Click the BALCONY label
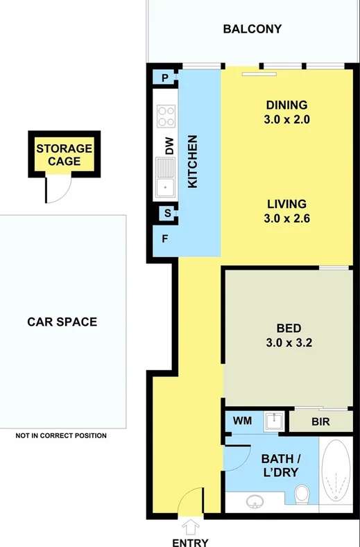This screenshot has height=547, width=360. coord(252,29)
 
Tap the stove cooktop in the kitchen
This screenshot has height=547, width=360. coord(166,115)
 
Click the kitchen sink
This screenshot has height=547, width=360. coord(166,176)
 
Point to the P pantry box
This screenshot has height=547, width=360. coord(165,78)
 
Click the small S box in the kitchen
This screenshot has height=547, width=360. coord(167,214)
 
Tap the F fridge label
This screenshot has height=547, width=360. coord(164,239)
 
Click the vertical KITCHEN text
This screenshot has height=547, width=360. coord(194,162)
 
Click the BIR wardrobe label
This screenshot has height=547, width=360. coord(320,421)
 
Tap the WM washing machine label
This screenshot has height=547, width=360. coord(242,421)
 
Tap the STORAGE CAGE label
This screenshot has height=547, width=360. coord(64,155)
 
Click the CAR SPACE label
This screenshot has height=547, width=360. coord(62,322)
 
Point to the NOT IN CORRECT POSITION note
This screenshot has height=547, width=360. coord(61,436)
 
